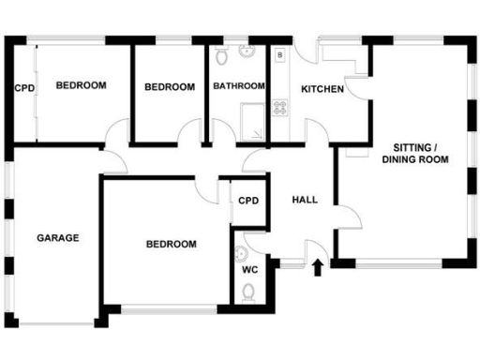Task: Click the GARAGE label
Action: point(58,237)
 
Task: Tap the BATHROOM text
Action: point(239,87)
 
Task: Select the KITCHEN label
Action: point(322,90)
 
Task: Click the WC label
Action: point(250,269)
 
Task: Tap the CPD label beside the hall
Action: point(248,201)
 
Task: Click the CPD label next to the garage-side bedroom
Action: point(24,89)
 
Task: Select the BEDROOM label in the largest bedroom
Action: point(172,245)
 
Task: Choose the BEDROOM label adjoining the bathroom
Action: point(170,87)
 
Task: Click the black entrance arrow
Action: point(317,267)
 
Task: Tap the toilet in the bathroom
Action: point(221,56)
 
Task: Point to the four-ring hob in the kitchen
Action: point(279,105)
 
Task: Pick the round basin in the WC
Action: point(240,252)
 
